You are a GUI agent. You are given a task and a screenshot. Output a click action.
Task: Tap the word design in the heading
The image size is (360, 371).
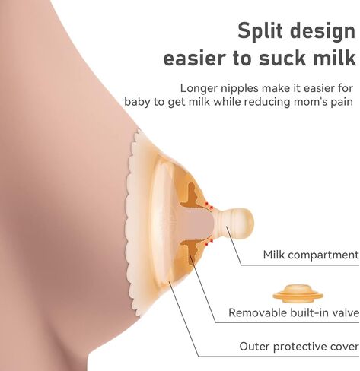point(324,32)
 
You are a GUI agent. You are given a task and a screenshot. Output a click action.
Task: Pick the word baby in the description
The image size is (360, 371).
point(139,101)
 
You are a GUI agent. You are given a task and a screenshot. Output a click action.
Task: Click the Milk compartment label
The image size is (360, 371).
point(311,255)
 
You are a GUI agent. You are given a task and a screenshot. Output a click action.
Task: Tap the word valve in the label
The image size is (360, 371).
point(343,312)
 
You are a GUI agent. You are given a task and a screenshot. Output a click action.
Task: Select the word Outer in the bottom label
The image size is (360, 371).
point(255,346)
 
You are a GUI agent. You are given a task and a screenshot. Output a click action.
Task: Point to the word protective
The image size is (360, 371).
point(301,347)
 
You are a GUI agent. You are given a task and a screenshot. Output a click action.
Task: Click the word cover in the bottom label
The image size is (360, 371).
point(344,346)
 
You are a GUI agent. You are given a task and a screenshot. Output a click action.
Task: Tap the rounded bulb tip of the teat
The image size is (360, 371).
point(242,220)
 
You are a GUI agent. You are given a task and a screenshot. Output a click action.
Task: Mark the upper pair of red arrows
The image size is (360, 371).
point(205,203)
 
